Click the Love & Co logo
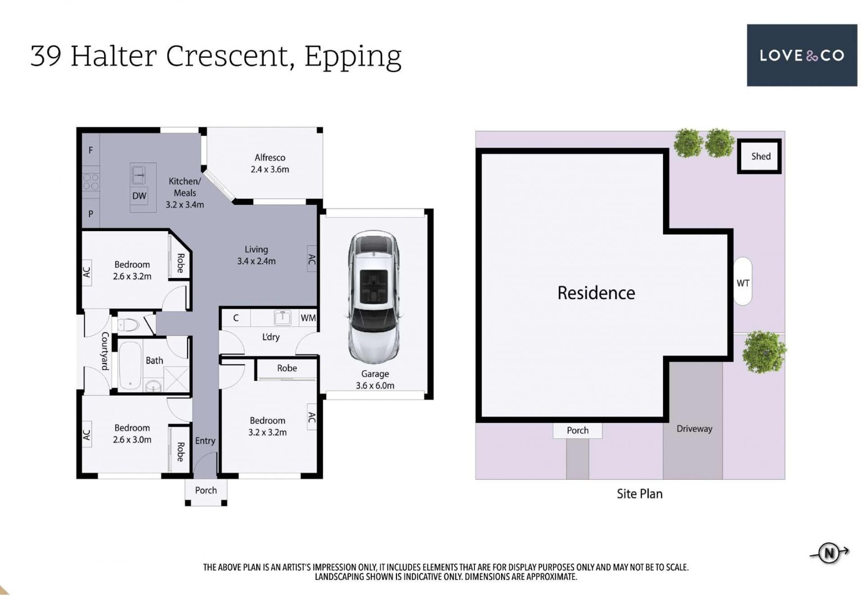tap(802, 55)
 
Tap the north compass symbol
tap(829, 553)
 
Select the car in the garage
tap(373, 297)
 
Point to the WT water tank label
tap(743, 283)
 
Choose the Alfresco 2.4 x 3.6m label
tap(270, 163)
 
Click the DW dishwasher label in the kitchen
tap(139, 196)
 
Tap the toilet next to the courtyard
tap(129, 325)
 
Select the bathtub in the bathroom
tap(130, 365)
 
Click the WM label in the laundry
tap(308, 318)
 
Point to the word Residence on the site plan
tap(596, 293)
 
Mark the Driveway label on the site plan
tap(694, 429)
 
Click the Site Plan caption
tap(640, 494)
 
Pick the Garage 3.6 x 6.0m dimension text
tap(375, 380)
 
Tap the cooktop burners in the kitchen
tap(91, 182)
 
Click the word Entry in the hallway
tap(205, 441)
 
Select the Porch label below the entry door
tap(206, 490)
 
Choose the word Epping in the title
tap(353, 58)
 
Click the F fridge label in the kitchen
tap(91, 150)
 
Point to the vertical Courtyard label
tap(105, 351)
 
